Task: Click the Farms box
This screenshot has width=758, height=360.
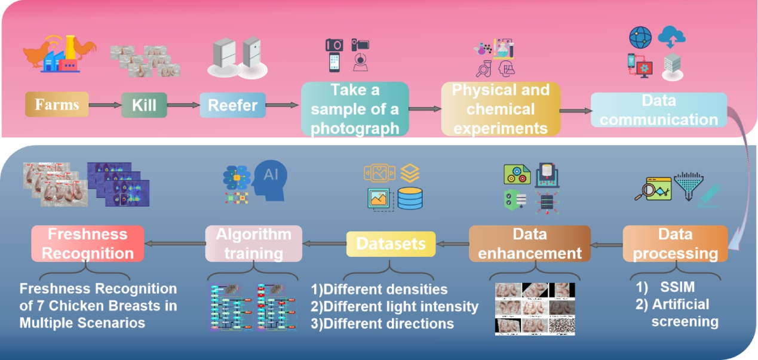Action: (x=57, y=104)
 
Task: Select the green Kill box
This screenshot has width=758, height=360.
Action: (x=144, y=105)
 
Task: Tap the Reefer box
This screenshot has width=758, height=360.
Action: (x=232, y=106)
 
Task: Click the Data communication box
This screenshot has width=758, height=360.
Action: (x=659, y=109)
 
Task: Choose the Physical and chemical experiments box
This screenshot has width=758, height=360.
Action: (x=501, y=109)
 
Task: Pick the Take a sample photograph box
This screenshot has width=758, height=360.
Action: (x=354, y=109)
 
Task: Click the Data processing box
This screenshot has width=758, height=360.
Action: (x=675, y=244)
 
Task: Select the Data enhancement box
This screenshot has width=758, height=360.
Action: (x=529, y=244)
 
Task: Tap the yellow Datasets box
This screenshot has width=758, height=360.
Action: (x=391, y=244)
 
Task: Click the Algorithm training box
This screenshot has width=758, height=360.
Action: (x=253, y=244)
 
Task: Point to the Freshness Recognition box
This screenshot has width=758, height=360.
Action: (x=87, y=244)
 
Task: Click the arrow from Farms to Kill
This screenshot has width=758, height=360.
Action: (x=105, y=106)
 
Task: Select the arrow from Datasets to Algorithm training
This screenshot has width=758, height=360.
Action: (x=325, y=244)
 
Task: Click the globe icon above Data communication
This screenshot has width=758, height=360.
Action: (x=640, y=37)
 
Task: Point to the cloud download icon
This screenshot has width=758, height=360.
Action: (x=671, y=38)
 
